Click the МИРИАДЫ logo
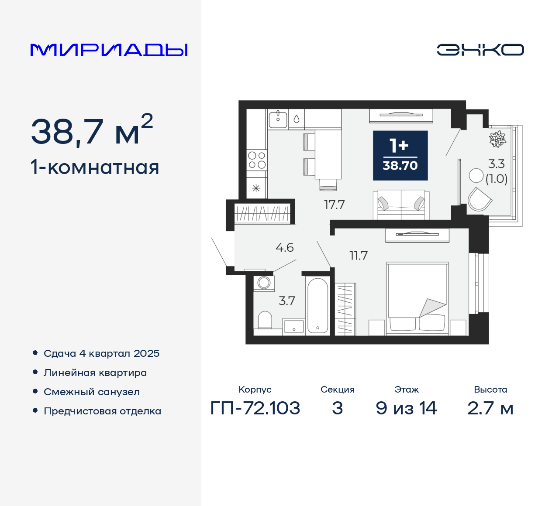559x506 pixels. [x=109, y=50]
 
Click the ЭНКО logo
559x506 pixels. [x=480, y=50]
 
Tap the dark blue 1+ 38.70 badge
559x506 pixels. [x=400, y=155]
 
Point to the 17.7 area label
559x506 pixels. [x=334, y=205]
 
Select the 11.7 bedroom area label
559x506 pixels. [x=359, y=256]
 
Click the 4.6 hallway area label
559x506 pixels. [x=284, y=248]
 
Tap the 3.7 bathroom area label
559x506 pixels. [x=287, y=301]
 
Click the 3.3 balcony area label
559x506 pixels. [x=496, y=164]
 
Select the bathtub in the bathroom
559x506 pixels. [x=317, y=305]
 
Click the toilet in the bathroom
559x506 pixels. [x=265, y=320]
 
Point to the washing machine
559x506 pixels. [x=264, y=283]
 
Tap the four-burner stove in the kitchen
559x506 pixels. [x=257, y=160]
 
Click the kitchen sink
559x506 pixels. [x=278, y=119]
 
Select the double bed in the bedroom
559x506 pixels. [x=418, y=298]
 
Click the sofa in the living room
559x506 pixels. [x=401, y=205]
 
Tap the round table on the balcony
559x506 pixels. [x=476, y=175]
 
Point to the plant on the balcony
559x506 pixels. [x=497, y=139]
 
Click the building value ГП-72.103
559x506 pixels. [x=255, y=408]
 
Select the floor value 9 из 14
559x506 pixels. [x=406, y=408]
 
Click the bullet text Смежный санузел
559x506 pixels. [x=92, y=392]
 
